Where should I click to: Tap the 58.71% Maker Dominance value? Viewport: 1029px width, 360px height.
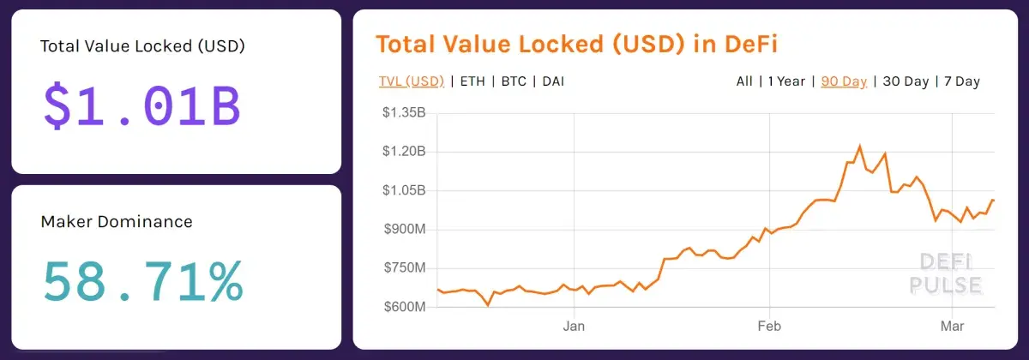pos(143,282)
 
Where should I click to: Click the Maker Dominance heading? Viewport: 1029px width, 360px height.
pos(117,222)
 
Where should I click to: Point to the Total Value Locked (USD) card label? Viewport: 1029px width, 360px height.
pos(142,46)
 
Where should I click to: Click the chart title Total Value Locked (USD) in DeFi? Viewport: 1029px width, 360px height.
pos(576,45)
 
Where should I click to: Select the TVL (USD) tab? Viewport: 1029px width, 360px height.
pos(412,81)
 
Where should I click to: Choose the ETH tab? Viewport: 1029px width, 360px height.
pos(472,81)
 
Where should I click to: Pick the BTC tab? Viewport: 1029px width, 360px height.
pos(514,81)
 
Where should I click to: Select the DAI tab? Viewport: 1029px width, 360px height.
pos(553,81)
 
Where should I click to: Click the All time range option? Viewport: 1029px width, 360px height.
pos(744,81)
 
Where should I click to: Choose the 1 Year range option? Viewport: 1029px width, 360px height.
pos(786,81)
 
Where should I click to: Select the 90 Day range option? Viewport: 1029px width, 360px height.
pos(844,81)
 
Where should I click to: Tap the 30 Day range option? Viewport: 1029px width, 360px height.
pos(906,81)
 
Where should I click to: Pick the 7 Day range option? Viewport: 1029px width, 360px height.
pos(962,81)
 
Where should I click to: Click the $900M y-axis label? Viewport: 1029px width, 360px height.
pos(405,229)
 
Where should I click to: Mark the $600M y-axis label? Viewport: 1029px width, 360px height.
pos(405,307)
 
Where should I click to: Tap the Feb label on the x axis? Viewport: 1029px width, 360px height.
pos(769,326)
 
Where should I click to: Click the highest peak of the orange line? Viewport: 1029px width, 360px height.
pos(859,146)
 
